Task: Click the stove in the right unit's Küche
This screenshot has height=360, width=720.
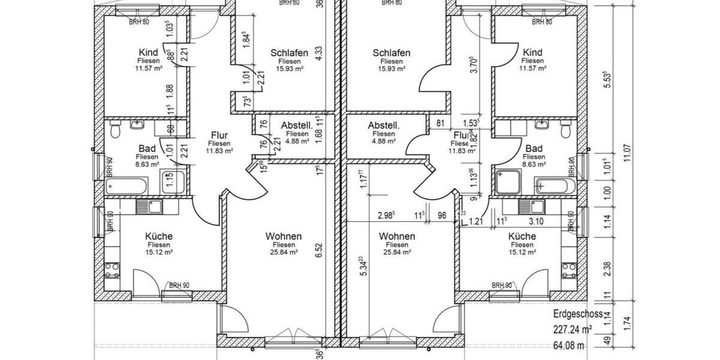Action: (x=568, y=268)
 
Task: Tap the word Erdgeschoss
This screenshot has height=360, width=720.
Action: (x=578, y=314)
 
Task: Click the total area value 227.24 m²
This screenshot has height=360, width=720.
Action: (x=572, y=329)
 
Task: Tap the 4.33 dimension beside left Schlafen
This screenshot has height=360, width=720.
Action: (x=319, y=52)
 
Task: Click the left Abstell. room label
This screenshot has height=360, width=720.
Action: (x=296, y=125)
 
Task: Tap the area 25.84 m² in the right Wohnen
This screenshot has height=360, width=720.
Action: (x=397, y=253)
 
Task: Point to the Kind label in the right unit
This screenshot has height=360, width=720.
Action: (x=533, y=53)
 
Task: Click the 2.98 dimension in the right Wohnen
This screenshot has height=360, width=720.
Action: (x=386, y=215)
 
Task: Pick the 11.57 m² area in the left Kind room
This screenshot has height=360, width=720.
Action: (x=148, y=68)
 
